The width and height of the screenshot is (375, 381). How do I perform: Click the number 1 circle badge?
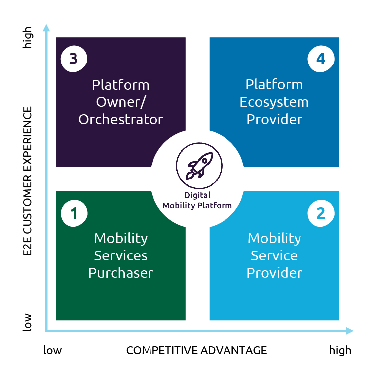(74, 213)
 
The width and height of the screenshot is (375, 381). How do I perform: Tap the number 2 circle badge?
(321, 213)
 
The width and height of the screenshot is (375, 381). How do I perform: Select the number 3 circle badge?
(74, 59)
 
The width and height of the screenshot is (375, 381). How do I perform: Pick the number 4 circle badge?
(321, 59)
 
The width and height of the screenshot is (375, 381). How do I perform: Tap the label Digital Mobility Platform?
(197, 200)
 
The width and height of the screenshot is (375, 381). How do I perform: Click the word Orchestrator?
(121, 120)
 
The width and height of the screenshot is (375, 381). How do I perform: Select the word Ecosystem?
(274, 102)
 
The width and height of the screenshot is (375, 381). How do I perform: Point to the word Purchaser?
(121, 273)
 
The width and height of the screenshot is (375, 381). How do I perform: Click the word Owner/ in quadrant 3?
(121, 102)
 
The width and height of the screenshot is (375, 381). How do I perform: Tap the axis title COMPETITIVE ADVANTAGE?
(196, 350)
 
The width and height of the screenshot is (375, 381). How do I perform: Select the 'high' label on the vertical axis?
(28, 38)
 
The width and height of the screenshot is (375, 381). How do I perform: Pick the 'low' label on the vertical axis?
(28, 322)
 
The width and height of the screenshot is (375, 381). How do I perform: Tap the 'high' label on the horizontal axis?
(340, 350)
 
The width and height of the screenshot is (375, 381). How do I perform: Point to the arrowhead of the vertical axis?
(46, 27)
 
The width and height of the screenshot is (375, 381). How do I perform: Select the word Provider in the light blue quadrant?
(274, 273)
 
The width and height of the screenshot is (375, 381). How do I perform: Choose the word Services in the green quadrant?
(121, 255)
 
